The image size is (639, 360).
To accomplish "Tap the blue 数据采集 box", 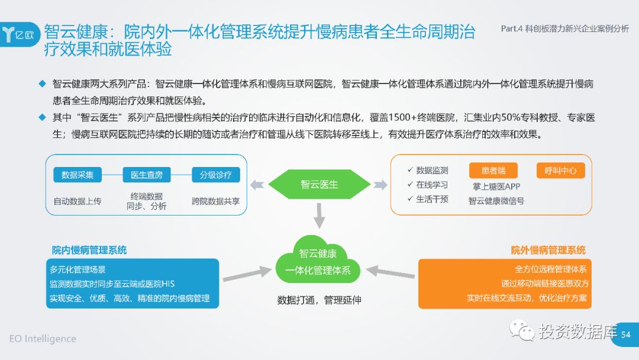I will [x=78, y=175].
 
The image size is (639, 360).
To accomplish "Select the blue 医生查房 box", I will [x=147, y=175].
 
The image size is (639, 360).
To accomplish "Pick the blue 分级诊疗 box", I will [x=215, y=175].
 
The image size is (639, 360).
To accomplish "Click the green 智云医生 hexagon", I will [x=319, y=184].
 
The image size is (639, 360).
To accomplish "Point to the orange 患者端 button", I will [x=493, y=171].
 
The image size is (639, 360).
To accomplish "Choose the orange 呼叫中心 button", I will [x=560, y=171].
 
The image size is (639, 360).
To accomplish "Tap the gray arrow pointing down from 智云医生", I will [x=319, y=216].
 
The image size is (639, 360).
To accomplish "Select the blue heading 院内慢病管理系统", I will [x=89, y=250].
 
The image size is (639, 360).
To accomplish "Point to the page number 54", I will [x=625, y=335].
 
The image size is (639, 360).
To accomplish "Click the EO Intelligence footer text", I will [x=43, y=339].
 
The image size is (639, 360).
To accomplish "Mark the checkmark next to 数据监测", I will [x=410, y=170].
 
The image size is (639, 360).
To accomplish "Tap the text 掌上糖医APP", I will [x=496, y=187].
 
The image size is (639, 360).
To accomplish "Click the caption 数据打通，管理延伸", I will [x=319, y=300].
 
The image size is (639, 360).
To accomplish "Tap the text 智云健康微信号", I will [x=496, y=201].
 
